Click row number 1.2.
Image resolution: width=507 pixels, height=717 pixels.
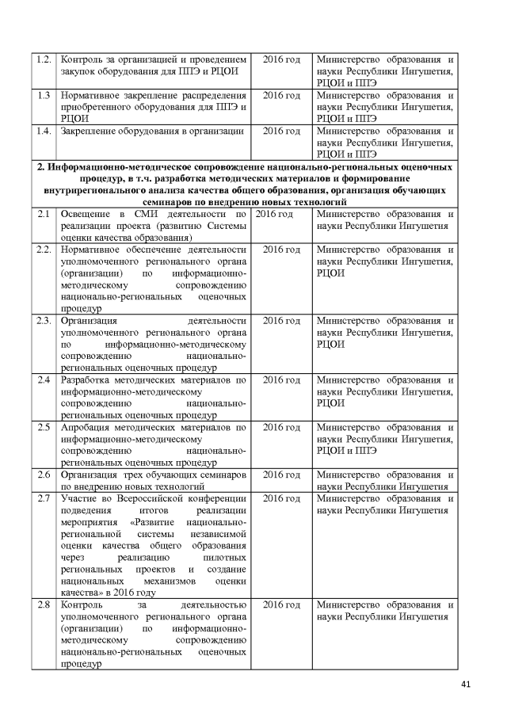(x=44, y=59)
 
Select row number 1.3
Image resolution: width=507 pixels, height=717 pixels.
(x=44, y=95)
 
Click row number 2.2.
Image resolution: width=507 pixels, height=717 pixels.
(x=44, y=250)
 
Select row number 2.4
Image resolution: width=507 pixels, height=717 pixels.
(x=44, y=380)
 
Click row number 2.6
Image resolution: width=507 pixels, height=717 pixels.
(x=44, y=475)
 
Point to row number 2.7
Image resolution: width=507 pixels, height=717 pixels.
(x=44, y=498)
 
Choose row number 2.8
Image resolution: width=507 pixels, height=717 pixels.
(x=44, y=605)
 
